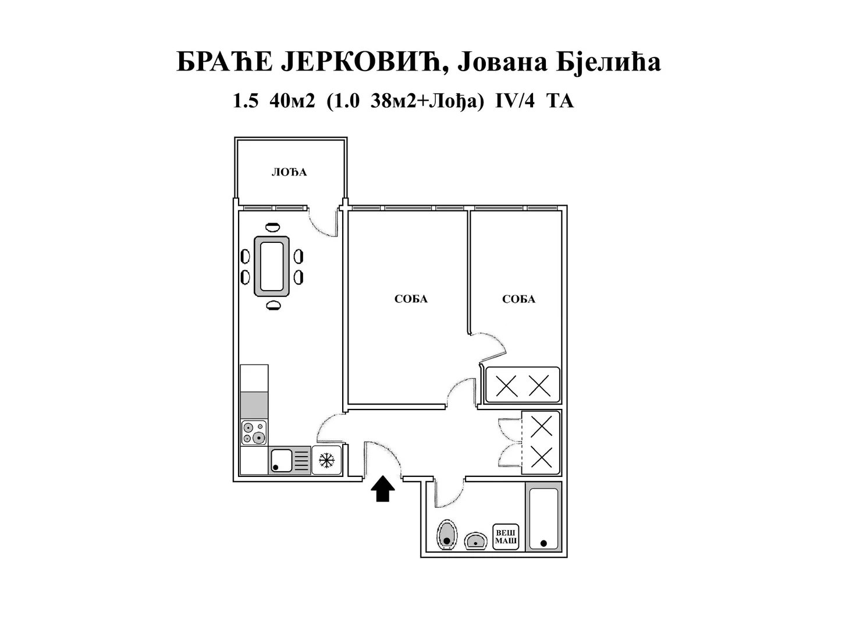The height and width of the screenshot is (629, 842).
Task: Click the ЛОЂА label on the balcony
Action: point(289,172)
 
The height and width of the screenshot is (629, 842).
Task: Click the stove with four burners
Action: point(254,433)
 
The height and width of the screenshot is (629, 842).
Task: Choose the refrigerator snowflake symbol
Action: point(326,461)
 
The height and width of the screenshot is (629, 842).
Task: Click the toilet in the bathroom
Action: point(446,534)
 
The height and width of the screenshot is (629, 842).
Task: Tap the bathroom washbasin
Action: point(476,541)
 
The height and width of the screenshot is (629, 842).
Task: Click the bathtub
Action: point(543,518)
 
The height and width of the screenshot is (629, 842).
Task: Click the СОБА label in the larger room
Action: point(411,299)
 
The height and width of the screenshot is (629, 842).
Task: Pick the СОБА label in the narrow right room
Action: point(518,299)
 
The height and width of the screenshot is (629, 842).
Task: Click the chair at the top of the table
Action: point(272,227)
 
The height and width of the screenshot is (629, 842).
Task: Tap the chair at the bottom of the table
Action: point(272,305)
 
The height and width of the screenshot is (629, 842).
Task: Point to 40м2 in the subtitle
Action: point(292,101)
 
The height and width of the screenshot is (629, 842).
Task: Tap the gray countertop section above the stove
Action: point(254,405)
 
